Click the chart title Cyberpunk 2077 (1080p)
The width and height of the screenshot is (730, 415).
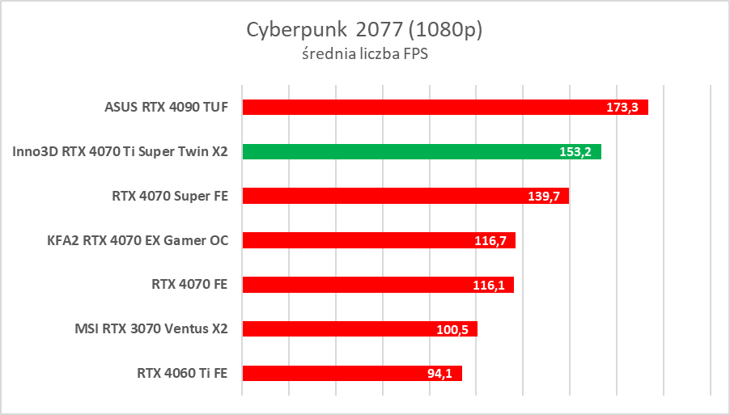click(x=364, y=30)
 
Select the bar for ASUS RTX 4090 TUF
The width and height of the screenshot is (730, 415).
click(x=421, y=107)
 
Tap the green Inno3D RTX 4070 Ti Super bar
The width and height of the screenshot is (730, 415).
click(x=397, y=151)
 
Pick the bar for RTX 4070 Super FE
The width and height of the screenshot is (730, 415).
click(x=380, y=196)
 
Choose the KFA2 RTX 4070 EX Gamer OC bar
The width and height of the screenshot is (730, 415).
click(x=356, y=240)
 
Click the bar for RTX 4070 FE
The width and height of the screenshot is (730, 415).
click(x=356, y=285)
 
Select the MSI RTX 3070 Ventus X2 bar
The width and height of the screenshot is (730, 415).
click(x=340, y=329)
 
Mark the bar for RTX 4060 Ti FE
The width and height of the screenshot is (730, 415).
click(x=332, y=373)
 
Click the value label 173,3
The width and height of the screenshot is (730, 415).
click(x=624, y=107)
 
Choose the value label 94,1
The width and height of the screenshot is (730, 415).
click(x=439, y=373)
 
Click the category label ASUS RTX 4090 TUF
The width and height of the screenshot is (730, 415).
click(x=166, y=107)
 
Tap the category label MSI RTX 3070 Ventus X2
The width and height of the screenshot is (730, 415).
click(x=151, y=329)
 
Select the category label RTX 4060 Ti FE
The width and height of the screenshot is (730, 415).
click(x=183, y=373)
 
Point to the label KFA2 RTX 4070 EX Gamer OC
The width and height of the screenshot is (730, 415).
click(x=138, y=240)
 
